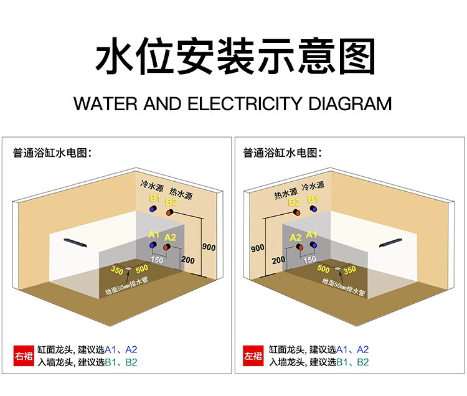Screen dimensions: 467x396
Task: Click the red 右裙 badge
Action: click(24, 356)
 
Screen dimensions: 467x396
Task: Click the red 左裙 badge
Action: click(253, 356)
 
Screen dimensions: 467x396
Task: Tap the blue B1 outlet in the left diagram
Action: click(153, 209)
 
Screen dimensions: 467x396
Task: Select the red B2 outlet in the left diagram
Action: click(170, 212)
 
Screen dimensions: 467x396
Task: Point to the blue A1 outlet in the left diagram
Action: click(153, 245)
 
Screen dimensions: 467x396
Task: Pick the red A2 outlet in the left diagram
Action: click(167, 247)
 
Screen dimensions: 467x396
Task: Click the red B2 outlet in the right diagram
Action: click(296, 212)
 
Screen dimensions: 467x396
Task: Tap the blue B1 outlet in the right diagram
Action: click(313, 209)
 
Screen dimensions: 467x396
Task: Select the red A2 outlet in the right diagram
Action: click(300, 247)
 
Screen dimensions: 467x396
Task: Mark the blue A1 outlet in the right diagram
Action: click(313, 245)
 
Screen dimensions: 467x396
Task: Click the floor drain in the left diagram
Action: click(128, 268)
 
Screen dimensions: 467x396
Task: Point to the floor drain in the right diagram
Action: click(337, 268)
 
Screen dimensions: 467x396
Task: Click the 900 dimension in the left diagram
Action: click(209, 247)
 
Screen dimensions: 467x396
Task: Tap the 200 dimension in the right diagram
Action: click(278, 260)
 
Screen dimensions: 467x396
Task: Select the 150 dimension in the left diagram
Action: click(157, 260)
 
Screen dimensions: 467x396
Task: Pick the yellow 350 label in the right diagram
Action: click(350, 270)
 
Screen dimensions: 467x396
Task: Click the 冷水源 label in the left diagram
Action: click(152, 186)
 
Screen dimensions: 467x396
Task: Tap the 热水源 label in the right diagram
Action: click(286, 194)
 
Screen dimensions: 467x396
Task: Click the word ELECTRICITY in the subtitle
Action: click(245, 104)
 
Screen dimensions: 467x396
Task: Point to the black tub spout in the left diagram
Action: click(75, 243)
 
